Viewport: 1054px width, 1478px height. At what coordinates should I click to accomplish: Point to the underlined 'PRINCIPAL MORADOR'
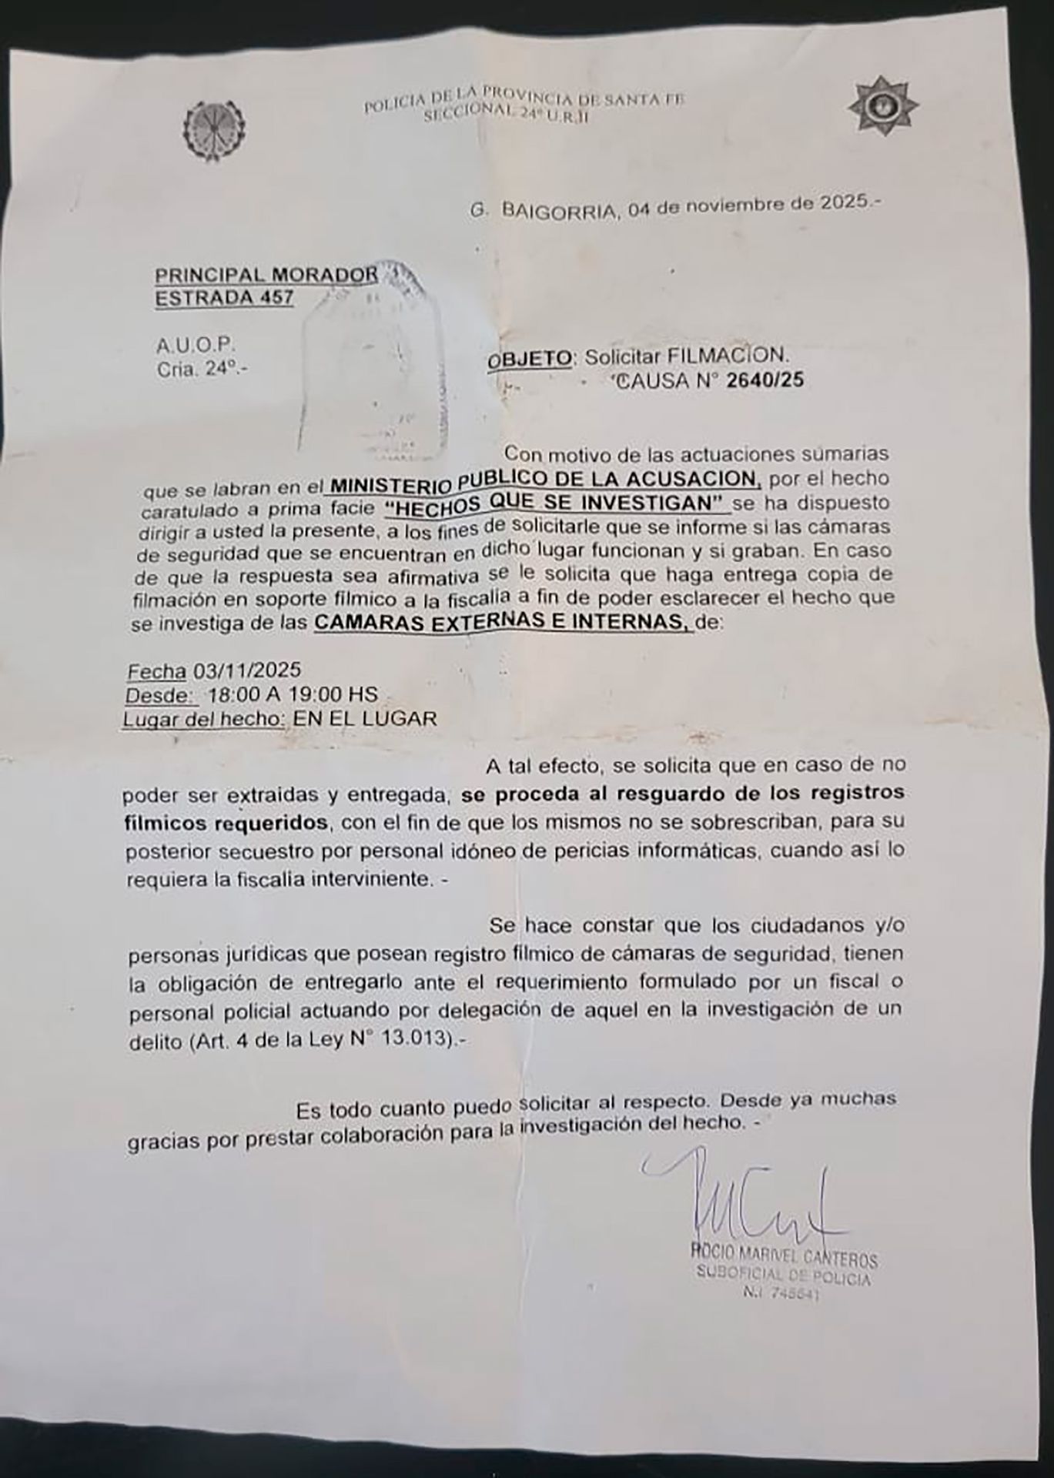coord(266,274)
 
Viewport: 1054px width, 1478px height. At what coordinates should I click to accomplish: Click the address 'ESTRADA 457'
coord(224,297)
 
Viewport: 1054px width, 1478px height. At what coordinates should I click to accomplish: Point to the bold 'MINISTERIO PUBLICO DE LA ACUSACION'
coord(544,480)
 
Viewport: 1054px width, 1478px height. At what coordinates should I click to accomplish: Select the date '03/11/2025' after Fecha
coord(247,670)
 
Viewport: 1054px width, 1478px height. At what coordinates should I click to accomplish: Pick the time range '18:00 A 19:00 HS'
coord(293,694)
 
